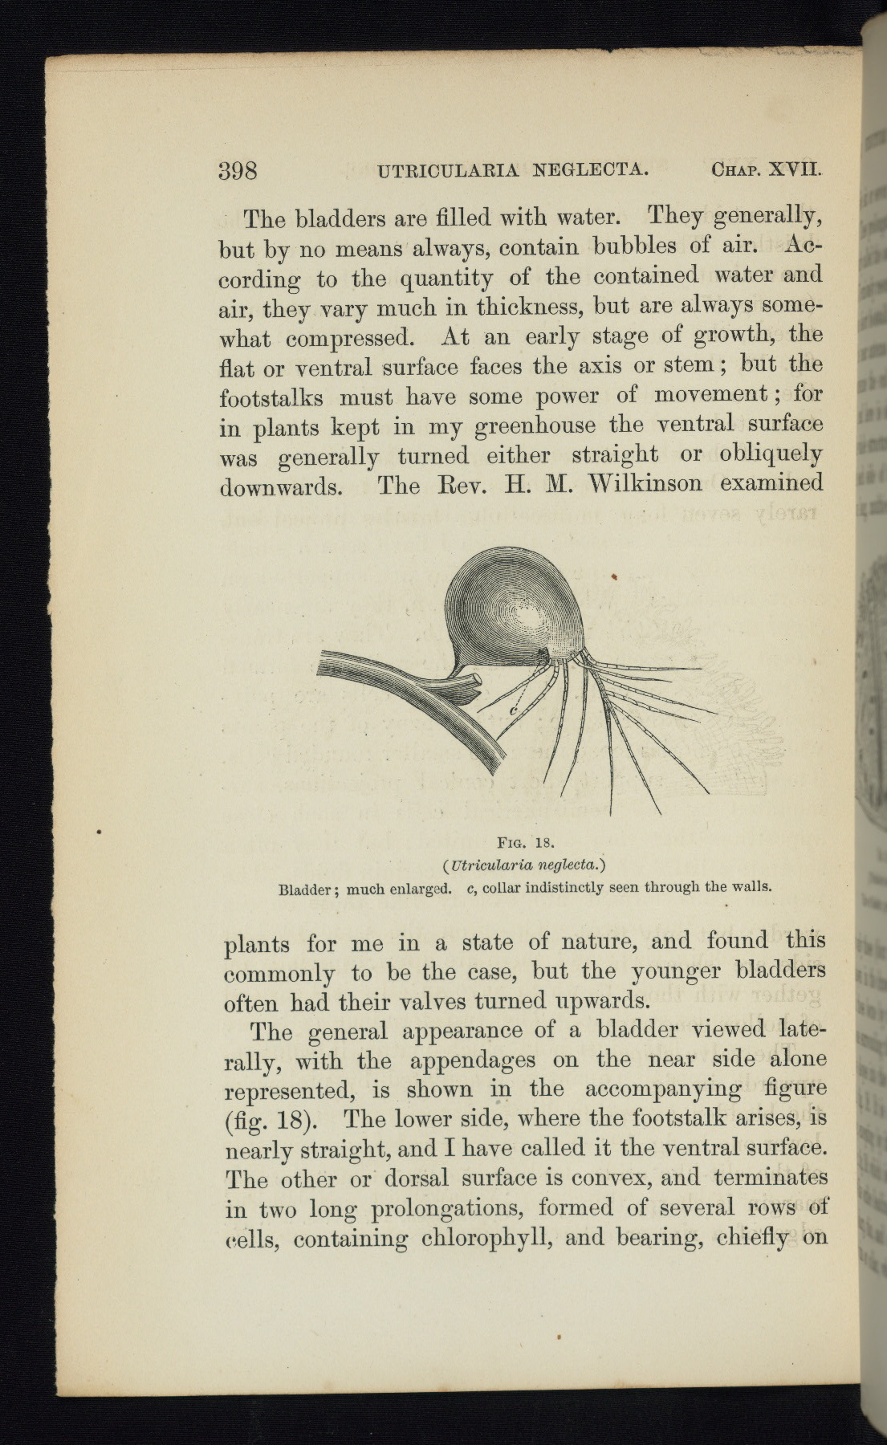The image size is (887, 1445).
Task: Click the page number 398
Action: coord(238,171)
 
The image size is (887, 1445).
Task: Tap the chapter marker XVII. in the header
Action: coord(796,169)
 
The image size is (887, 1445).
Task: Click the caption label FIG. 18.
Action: coord(523,843)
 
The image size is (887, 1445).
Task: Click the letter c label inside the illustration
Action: coord(511,710)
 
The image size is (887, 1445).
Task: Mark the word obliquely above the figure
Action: coord(771,455)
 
